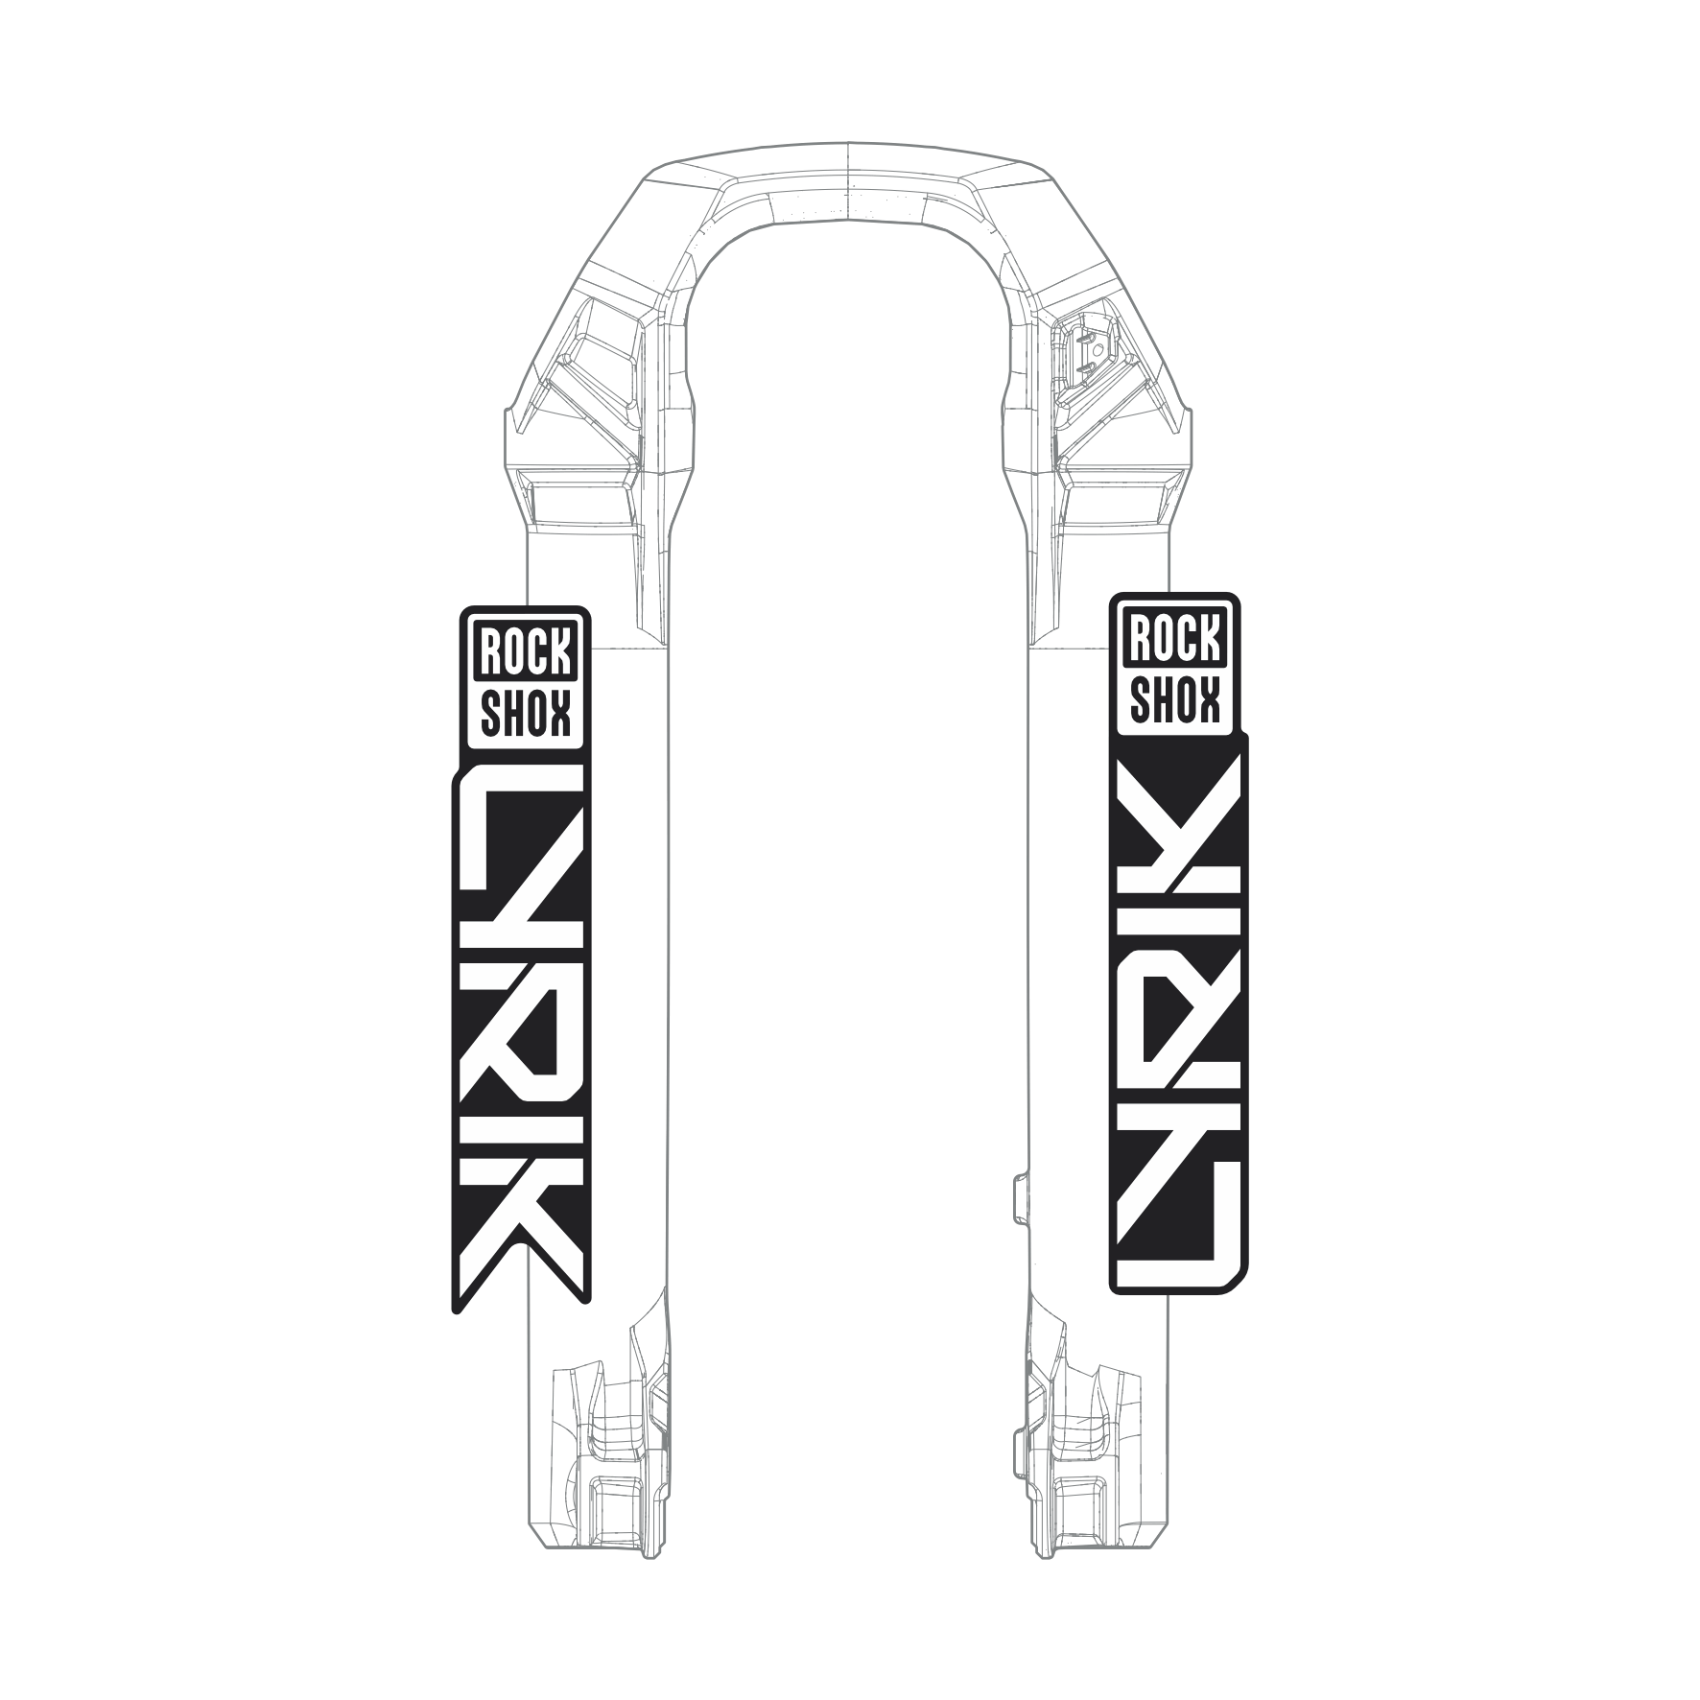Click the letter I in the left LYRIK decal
519,1122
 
